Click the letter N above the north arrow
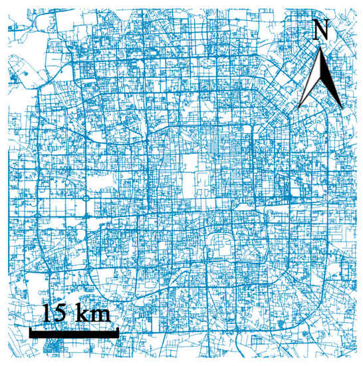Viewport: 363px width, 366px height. tap(321, 29)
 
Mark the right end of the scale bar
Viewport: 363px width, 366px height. tap(118, 331)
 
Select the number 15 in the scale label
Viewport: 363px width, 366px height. tap(55, 312)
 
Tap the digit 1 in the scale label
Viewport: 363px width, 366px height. tap(49, 312)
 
